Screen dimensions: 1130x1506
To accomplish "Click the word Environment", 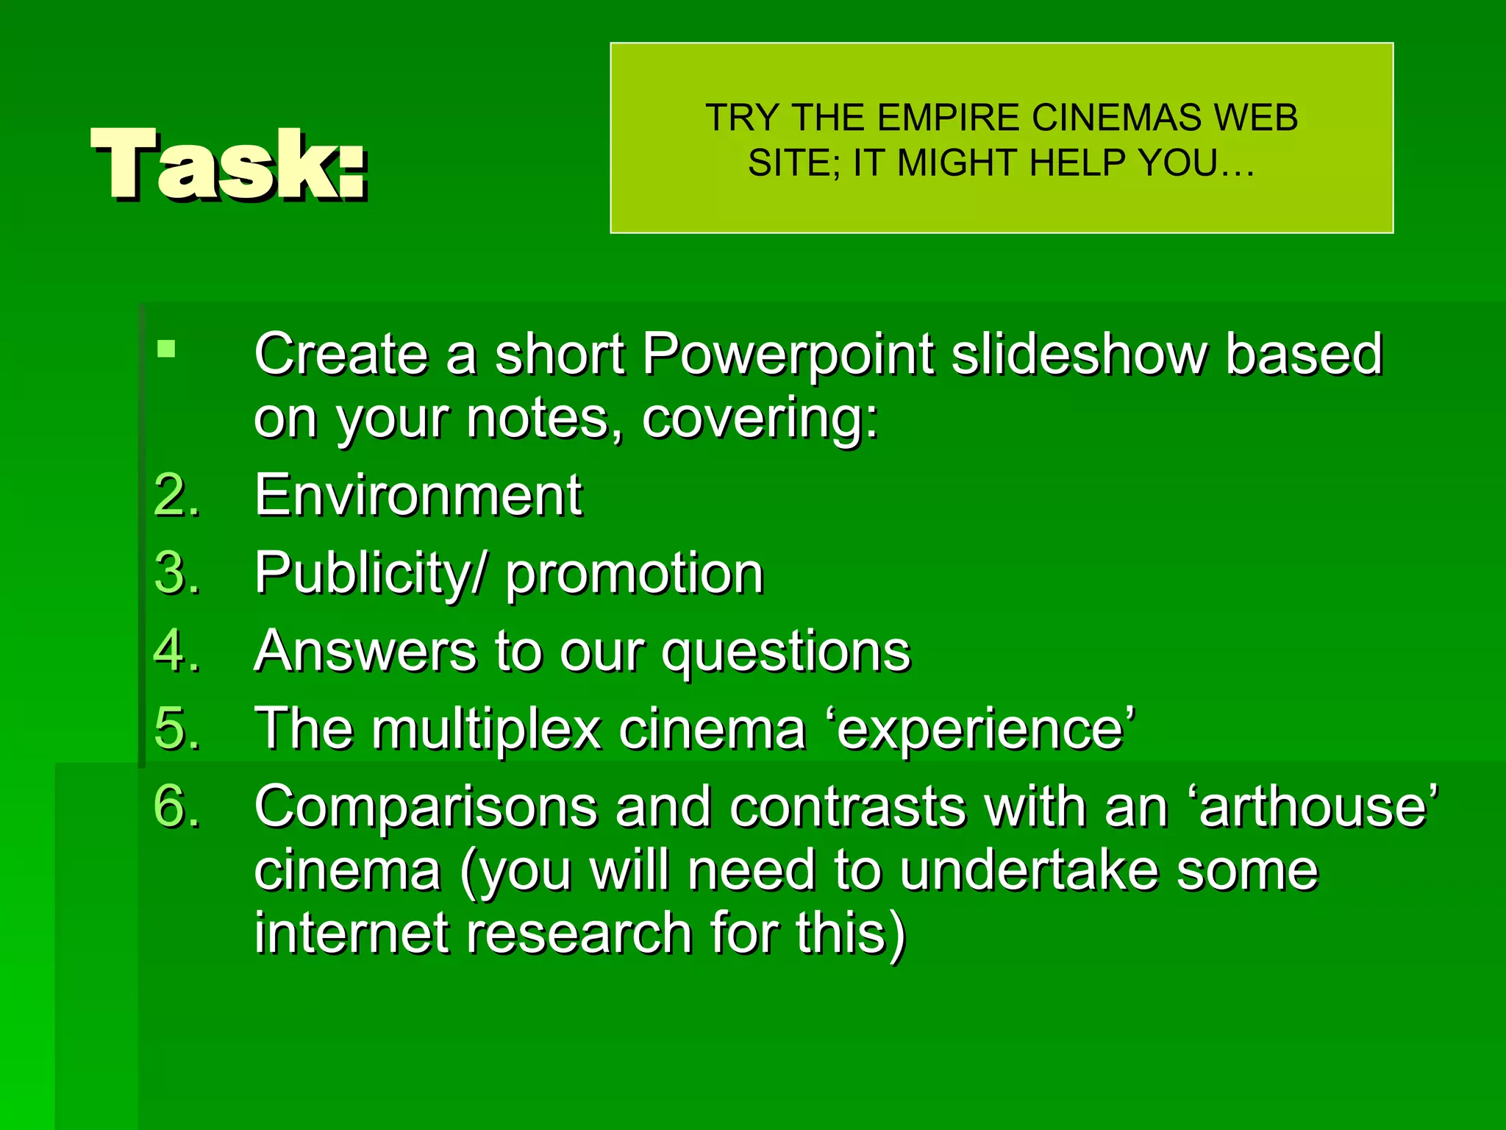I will [418, 494].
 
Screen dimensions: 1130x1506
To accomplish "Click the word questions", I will [786, 652].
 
